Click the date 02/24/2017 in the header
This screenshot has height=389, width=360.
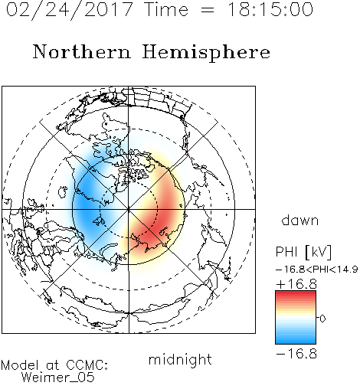(70, 10)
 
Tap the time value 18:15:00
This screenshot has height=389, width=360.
(270, 9)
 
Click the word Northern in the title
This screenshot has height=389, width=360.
(82, 51)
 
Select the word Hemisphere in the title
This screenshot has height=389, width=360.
(206, 53)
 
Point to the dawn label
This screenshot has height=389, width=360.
(299, 220)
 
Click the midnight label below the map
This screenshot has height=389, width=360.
(180, 360)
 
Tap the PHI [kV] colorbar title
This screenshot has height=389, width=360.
(303, 252)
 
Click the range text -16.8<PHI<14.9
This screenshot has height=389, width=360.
(316, 270)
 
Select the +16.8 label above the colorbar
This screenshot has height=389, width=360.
(296, 284)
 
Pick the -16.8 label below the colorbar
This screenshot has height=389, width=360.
(296, 354)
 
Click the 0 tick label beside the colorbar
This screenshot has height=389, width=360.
(322, 319)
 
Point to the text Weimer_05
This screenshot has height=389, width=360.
(57, 378)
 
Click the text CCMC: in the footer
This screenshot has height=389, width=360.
(87, 365)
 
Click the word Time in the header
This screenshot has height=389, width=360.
(166, 10)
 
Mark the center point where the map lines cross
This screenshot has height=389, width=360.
(129, 209)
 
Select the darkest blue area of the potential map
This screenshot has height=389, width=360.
(84, 204)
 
